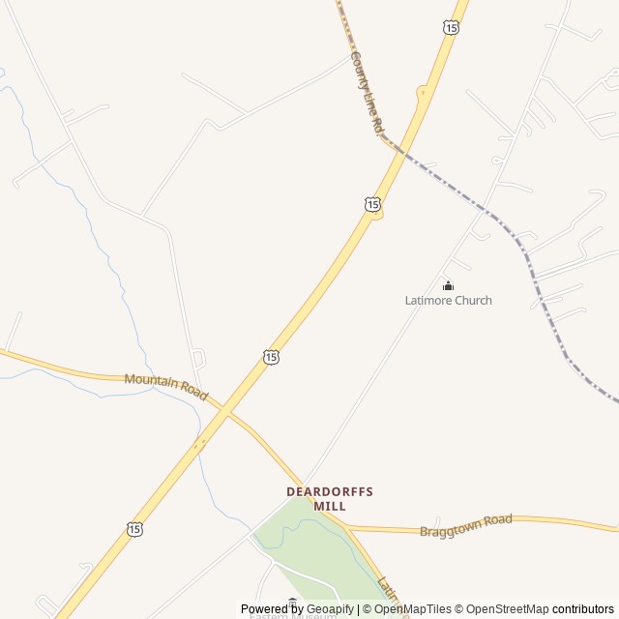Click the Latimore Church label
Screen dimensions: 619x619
(448, 301)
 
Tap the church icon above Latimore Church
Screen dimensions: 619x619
(448, 285)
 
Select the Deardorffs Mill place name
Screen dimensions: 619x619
(330, 498)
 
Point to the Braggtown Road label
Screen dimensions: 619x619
(466, 526)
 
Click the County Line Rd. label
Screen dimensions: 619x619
(366, 93)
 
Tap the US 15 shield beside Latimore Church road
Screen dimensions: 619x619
(373, 204)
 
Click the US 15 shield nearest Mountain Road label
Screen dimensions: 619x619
(271, 357)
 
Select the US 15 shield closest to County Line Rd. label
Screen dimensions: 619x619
(452, 28)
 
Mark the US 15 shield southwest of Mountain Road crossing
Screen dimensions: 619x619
(134, 529)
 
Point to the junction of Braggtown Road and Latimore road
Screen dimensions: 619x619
(346, 528)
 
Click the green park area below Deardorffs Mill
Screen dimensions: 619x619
(309, 551)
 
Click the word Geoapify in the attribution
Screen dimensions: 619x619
(330, 609)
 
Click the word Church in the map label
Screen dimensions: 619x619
(474, 301)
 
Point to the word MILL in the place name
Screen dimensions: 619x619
(330, 506)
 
